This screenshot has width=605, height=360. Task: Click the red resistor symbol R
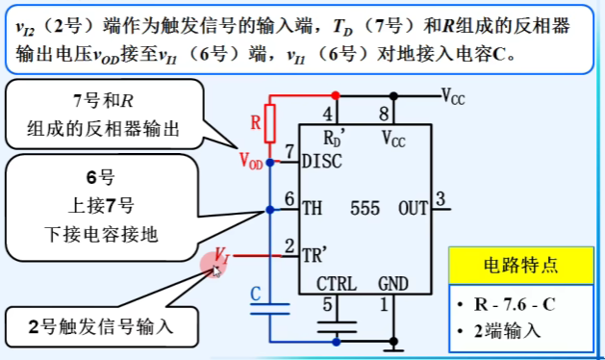click(x=269, y=123)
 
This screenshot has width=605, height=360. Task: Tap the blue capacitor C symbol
click(x=269, y=309)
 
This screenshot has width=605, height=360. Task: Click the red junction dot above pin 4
click(x=336, y=95)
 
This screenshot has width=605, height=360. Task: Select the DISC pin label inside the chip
click(x=322, y=162)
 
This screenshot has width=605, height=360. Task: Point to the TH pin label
click(x=312, y=208)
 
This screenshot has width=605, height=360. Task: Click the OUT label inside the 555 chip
click(x=413, y=209)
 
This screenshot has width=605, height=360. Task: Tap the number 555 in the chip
click(x=365, y=209)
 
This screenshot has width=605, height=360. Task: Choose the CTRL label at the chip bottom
click(x=337, y=284)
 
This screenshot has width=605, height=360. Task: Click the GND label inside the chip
click(x=392, y=284)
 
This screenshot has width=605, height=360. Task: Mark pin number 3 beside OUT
click(x=441, y=199)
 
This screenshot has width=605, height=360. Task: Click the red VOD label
click(x=251, y=161)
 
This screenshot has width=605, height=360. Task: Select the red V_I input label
click(x=222, y=255)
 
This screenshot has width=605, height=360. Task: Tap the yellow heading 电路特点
click(x=521, y=266)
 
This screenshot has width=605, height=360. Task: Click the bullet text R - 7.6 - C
click(x=515, y=305)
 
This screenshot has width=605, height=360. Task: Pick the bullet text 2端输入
click(x=508, y=331)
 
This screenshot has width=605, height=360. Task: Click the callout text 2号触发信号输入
click(x=101, y=327)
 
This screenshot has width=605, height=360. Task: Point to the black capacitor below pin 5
click(x=337, y=326)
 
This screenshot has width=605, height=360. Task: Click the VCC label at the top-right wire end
click(x=453, y=96)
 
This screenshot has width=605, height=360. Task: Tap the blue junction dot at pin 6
click(x=270, y=210)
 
